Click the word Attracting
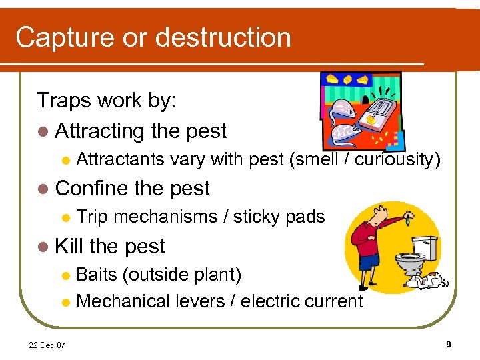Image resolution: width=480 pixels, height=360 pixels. click(x=100, y=131)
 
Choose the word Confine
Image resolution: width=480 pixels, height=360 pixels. click(x=91, y=189)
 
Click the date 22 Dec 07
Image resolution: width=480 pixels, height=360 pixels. click(x=47, y=344)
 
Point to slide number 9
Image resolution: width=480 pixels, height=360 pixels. click(x=449, y=344)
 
